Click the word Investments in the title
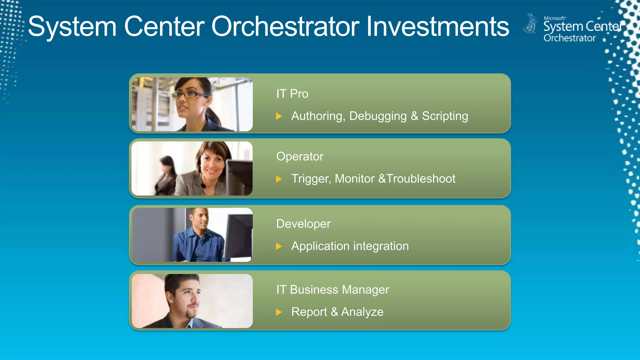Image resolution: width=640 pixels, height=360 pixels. [x=437, y=27]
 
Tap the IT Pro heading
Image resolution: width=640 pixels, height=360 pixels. [x=292, y=94]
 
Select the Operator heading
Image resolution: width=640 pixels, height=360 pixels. [x=299, y=156]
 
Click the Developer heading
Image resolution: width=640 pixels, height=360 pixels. [x=303, y=224]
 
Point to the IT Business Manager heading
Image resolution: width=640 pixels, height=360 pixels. [x=332, y=290]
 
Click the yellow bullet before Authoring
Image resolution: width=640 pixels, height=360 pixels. [x=279, y=117]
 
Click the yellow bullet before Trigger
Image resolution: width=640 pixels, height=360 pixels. [x=279, y=179]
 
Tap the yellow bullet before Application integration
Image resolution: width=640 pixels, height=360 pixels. [x=279, y=247]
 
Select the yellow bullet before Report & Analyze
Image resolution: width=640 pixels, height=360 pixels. [x=279, y=312]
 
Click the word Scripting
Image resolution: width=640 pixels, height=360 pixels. [x=445, y=116]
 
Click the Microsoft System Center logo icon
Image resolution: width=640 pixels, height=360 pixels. [x=530, y=24]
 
